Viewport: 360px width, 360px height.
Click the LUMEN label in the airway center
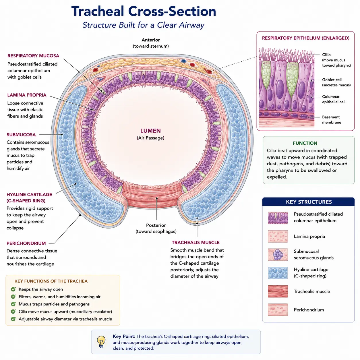click(150, 131)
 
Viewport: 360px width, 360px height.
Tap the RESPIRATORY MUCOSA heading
click(33, 56)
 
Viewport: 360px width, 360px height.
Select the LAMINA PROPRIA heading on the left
click(27, 95)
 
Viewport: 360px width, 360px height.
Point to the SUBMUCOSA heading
click(21, 135)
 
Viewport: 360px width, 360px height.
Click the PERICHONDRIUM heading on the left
click(26, 243)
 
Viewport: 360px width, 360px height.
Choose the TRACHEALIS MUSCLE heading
click(196, 243)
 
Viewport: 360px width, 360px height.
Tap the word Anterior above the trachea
click(151, 40)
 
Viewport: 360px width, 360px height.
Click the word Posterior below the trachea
click(156, 225)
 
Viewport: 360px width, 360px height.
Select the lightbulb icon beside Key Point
click(101, 342)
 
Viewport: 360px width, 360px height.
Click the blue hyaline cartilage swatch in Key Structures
click(278, 273)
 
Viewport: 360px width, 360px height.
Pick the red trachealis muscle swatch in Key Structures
click(278, 291)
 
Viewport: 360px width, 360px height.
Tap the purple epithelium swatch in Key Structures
click(278, 218)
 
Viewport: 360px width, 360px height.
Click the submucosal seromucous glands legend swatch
click(278, 255)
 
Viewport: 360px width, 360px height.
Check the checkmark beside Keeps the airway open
click(13, 289)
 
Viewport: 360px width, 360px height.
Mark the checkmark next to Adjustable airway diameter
click(13, 319)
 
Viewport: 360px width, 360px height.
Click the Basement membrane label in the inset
click(332, 119)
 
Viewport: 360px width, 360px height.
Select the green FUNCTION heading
click(305, 143)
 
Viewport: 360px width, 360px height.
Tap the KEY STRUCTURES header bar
click(308, 202)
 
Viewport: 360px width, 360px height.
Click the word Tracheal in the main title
click(98, 11)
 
